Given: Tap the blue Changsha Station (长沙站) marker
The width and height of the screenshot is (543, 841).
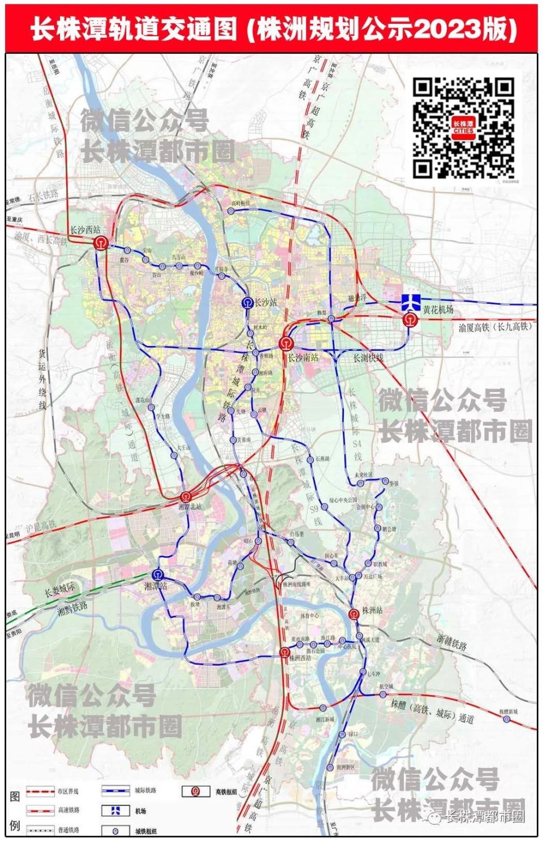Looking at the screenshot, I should coord(247,303).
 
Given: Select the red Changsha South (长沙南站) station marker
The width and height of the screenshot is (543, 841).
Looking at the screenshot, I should coord(286,344).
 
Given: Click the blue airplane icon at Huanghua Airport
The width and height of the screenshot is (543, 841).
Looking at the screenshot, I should coord(411,301).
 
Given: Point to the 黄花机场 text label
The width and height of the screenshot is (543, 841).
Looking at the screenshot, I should coord(438,310).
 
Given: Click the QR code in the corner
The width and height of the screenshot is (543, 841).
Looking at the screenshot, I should coord(463,127).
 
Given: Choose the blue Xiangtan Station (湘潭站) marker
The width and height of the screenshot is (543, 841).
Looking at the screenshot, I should coord(159,575).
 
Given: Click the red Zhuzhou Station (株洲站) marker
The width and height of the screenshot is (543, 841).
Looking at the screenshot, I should coord(354,614).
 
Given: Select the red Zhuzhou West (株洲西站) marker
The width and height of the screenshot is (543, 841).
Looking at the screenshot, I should coord(285,653).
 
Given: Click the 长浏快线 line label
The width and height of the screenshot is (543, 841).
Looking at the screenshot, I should coord(368,358).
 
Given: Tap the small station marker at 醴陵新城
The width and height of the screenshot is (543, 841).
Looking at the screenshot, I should coord(506,719).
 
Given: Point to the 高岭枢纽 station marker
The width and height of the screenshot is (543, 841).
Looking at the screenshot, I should coord(231,210).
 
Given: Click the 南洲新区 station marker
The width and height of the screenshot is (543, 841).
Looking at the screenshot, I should coord(330,767).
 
